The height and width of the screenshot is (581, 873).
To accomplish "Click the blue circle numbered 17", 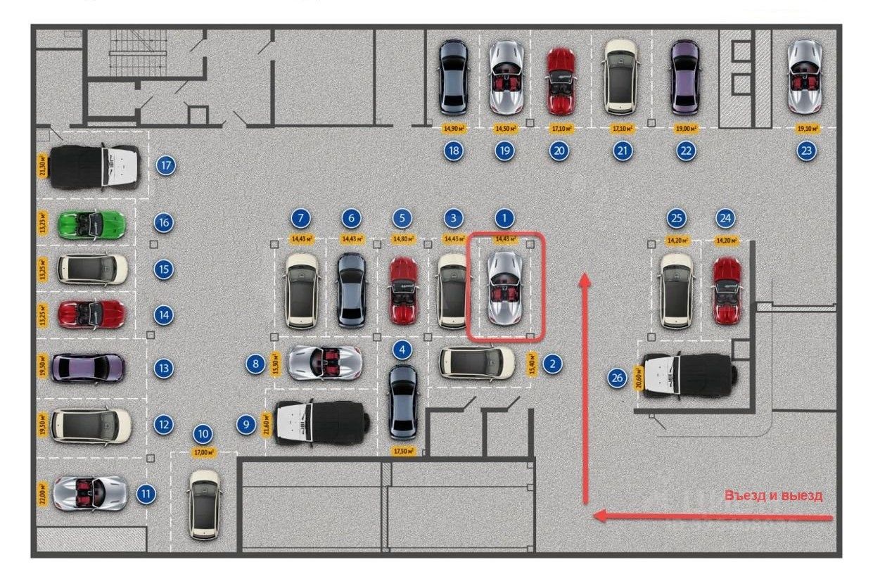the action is (166, 166).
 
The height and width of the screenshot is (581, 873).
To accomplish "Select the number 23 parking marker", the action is (807, 151).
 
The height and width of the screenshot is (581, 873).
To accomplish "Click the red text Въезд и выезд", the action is (773, 495).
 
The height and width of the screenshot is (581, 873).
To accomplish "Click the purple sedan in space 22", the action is (684, 77).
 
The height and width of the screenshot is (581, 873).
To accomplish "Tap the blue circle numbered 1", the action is (504, 218).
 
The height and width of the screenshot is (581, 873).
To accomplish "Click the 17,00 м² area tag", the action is (203, 452).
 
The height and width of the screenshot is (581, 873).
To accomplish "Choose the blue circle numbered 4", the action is (402, 350).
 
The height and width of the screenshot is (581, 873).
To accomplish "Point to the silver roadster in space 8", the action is (324, 363).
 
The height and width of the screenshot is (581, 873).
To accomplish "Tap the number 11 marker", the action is (146, 494).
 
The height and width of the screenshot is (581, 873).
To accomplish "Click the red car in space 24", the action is (727, 290).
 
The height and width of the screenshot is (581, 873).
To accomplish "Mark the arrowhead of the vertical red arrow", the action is (583, 281).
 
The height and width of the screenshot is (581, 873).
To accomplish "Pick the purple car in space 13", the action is (88, 367).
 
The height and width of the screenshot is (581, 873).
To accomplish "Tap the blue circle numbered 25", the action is (677, 219).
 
